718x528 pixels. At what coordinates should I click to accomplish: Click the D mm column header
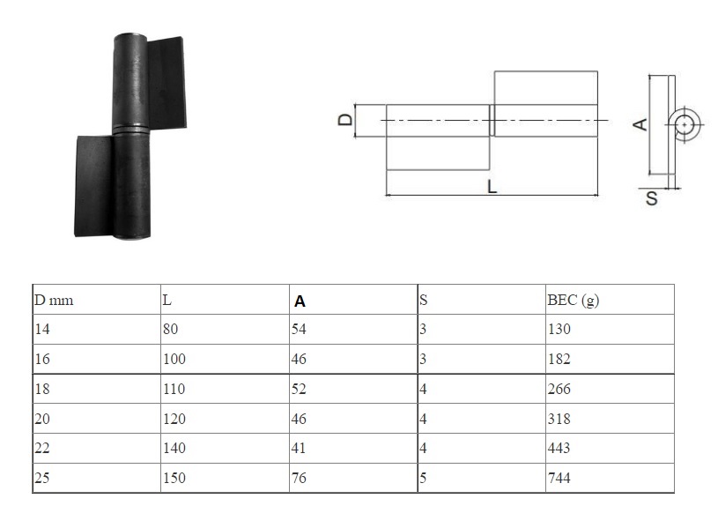point(54,301)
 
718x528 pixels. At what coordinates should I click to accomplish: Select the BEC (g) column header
point(573,301)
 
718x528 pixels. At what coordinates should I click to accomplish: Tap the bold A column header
point(300,301)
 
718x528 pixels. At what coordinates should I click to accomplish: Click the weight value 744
point(559,478)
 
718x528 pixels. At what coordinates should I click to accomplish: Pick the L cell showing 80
point(170,329)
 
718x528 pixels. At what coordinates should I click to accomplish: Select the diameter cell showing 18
point(42,389)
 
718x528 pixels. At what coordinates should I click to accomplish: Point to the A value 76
point(299,478)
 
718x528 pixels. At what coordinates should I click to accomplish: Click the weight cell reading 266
point(559,389)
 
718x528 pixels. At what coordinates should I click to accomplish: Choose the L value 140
point(174,447)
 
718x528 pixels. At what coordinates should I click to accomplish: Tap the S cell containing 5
point(423,478)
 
